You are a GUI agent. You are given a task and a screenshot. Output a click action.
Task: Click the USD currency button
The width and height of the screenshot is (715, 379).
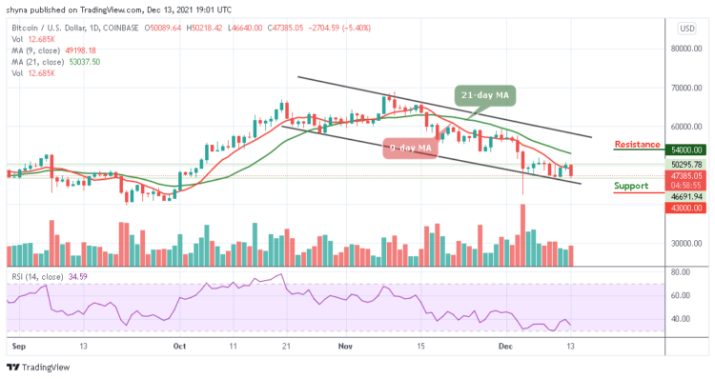pos(684,28)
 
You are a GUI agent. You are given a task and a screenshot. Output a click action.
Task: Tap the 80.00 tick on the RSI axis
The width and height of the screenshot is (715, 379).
pos(679,271)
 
